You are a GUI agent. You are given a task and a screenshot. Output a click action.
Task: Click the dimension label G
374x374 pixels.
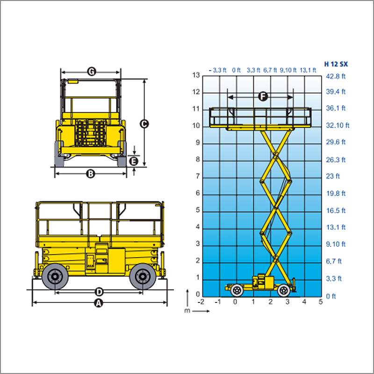[92, 72]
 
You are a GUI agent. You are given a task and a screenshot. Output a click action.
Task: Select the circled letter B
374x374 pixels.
[91, 174]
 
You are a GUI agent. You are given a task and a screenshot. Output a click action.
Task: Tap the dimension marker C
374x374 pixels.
[144, 124]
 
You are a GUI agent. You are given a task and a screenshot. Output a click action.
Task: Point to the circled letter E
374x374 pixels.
[134, 161]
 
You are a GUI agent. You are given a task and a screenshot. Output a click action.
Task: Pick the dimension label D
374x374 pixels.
[99, 292]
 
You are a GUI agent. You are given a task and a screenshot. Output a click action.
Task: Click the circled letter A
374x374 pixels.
[99, 303]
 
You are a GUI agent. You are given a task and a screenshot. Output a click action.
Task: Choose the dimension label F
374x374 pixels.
[263, 97]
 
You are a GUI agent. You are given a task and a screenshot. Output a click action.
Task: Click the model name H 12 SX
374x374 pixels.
[336, 64]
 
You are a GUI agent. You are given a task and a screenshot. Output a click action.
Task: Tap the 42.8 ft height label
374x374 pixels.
[336, 76]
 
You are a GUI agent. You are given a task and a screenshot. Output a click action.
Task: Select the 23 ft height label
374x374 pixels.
[333, 176]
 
